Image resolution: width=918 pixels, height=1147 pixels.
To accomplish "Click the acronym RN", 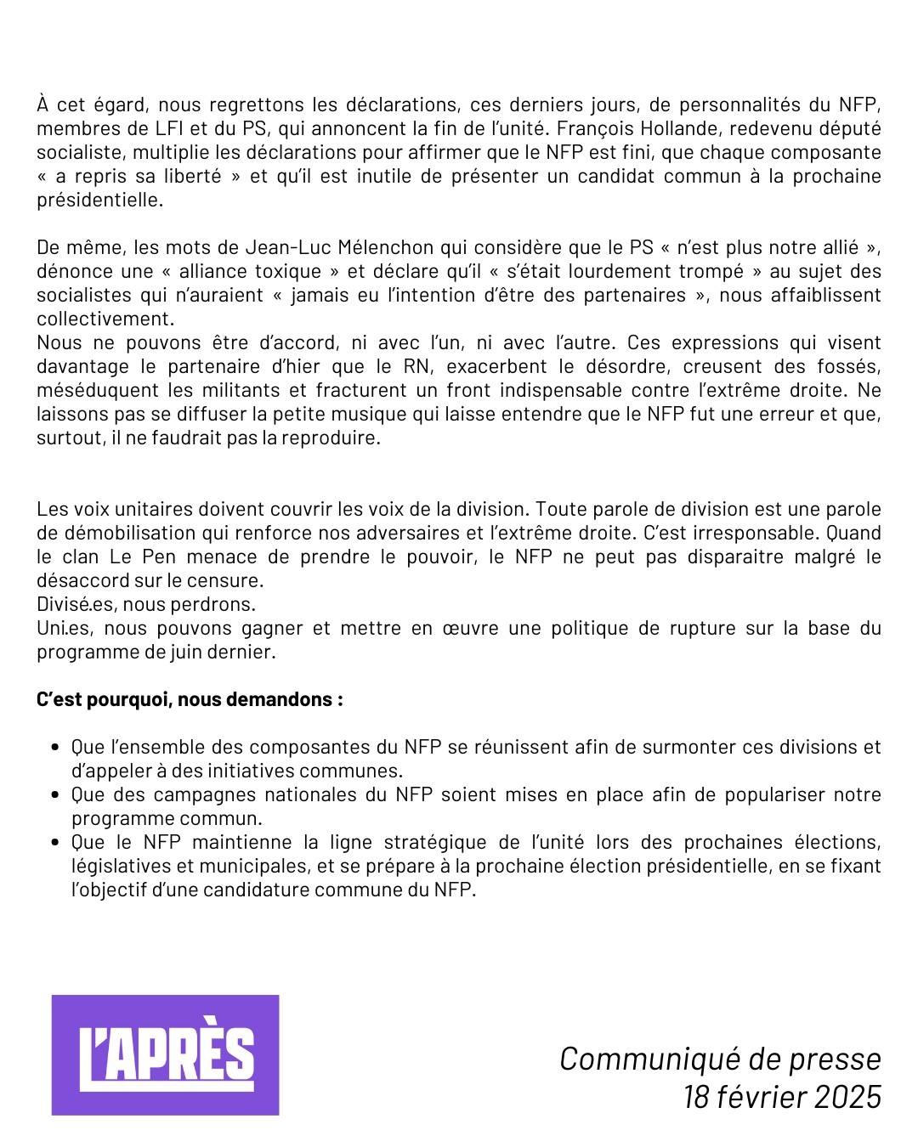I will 416,366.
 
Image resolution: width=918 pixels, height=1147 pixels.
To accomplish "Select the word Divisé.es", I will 77,604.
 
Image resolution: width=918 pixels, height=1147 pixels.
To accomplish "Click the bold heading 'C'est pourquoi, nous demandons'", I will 190,699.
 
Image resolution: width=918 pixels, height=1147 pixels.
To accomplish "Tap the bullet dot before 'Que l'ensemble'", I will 55,748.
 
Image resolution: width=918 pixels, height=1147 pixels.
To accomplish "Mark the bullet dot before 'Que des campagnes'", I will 55,795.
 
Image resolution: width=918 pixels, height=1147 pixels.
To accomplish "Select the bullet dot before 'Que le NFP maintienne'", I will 55,843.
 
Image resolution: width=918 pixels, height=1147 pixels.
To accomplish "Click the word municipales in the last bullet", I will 262,866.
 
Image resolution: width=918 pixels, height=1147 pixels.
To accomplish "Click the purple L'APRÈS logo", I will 166,1054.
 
